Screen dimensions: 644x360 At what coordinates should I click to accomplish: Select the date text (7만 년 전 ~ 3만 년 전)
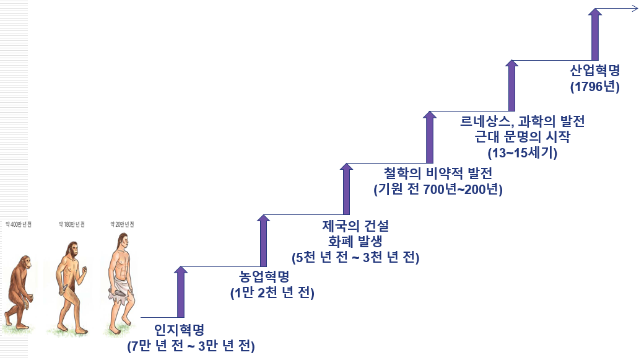click(191, 346)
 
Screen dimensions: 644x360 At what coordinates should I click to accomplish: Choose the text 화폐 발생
click(355, 240)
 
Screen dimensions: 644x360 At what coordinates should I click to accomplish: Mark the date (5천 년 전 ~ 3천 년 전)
click(355, 257)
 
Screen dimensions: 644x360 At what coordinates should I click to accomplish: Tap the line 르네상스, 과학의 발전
click(523, 121)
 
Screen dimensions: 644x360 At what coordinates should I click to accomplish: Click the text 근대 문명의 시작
click(523, 137)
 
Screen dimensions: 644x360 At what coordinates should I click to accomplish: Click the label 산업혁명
click(595, 69)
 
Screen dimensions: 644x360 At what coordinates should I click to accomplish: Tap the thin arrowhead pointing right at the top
click(635, 8)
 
